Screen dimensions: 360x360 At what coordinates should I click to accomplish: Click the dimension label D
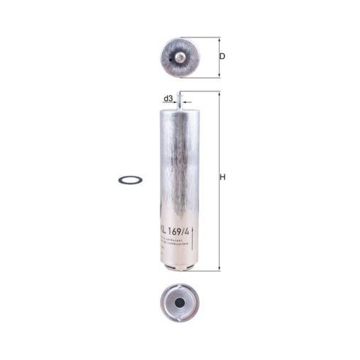click(222, 56)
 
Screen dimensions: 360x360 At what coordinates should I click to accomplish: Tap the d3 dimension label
click(168, 99)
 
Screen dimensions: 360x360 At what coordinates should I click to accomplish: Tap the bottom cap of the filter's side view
click(177, 266)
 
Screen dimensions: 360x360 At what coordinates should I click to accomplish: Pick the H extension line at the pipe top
click(205, 91)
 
